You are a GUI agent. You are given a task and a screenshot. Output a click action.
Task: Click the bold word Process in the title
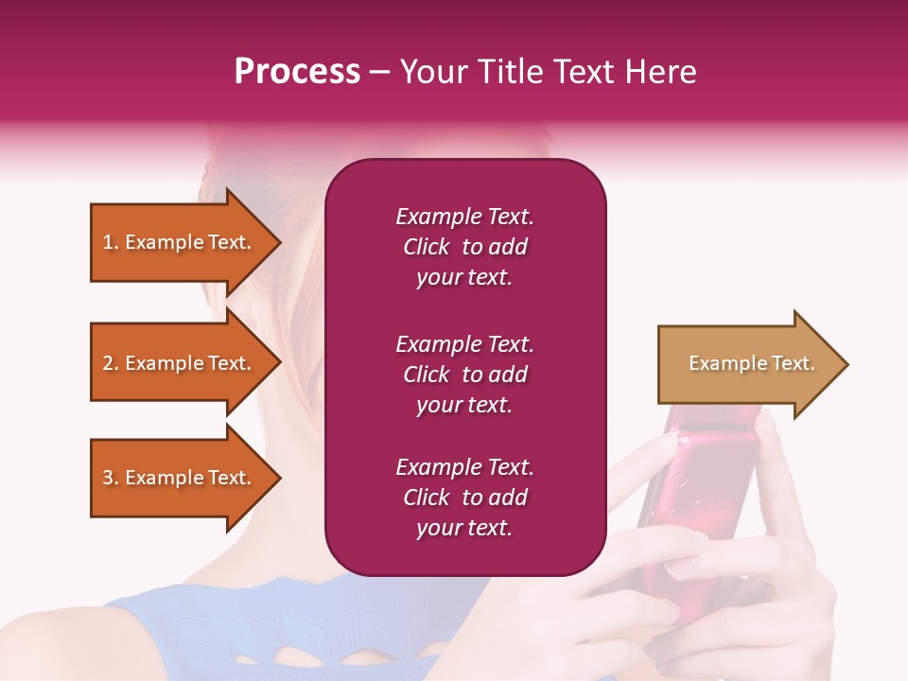[x=297, y=72]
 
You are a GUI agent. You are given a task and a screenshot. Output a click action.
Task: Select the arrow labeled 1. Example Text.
[x=180, y=242]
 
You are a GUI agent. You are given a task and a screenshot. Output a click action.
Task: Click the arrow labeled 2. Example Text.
[x=180, y=363]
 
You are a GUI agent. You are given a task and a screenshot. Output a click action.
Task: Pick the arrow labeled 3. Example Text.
[x=180, y=478]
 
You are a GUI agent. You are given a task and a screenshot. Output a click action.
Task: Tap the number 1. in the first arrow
[x=111, y=242]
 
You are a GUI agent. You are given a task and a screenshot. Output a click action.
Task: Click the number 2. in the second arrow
[x=111, y=363]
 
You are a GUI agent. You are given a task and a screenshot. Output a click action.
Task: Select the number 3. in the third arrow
[x=111, y=478]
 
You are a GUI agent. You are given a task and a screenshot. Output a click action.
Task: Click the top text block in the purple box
[x=464, y=247]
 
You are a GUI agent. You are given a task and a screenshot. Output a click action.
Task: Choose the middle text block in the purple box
[x=464, y=375]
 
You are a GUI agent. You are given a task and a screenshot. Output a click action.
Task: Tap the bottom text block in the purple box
[x=464, y=498]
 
